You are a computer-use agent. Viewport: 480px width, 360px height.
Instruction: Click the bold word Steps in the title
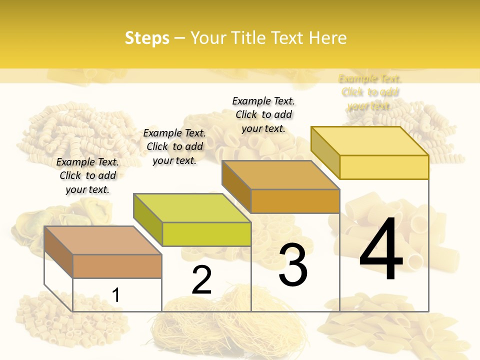point(147,38)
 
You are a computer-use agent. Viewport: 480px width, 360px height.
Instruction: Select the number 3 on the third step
point(293,265)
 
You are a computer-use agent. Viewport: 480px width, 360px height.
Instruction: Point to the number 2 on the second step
point(201,280)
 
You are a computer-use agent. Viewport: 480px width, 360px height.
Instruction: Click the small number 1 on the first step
point(115,295)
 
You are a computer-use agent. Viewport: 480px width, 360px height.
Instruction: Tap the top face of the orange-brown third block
point(281,175)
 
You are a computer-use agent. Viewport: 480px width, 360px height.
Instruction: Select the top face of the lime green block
point(192,208)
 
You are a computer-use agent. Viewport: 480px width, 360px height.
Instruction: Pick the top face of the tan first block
point(103,240)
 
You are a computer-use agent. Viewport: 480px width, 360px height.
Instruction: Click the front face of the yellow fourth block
point(384,167)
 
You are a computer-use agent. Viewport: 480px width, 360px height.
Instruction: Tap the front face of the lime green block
point(206,234)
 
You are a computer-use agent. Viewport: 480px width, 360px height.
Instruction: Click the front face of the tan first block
point(117,266)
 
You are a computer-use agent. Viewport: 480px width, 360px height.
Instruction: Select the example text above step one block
point(87,175)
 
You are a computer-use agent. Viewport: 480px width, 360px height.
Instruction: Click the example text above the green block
point(174,146)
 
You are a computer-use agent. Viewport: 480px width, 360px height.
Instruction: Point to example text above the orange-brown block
point(263,114)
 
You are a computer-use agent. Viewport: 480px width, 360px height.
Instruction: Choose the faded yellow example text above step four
point(369,92)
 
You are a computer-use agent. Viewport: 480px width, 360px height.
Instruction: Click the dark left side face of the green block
point(148,220)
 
